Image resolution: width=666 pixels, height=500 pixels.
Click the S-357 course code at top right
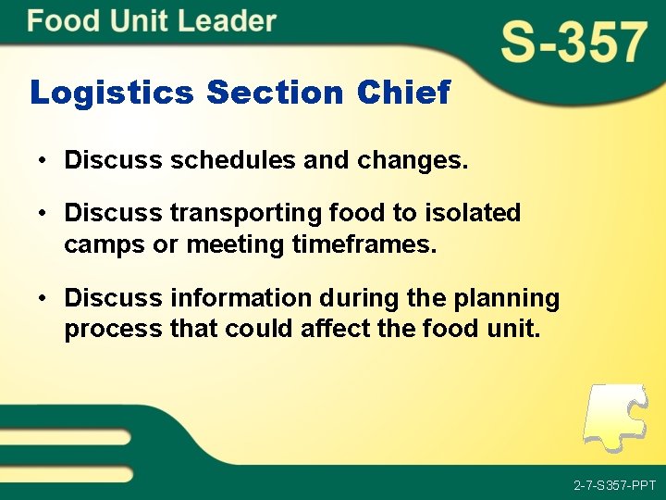pyautogui.click(x=573, y=44)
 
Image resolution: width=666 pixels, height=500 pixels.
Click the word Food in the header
pyautogui.click(x=63, y=21)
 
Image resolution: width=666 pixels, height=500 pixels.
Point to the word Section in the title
pyautogui.click(x=275, y=93)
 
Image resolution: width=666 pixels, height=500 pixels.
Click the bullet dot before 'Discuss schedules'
pyautogui.click(x=43, y=161)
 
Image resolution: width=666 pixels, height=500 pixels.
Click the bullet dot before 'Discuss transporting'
pyautogui.click(x=43, y=214)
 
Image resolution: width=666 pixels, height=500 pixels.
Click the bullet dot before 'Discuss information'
pyautogui.click(x=43, y=299)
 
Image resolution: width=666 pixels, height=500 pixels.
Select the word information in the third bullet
pyautogui.click(x=241, y=298)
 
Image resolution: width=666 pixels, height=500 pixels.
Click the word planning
pyautogui.click(x=512, y=299)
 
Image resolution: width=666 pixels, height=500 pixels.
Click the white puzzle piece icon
pyautogui.click(x=615, y=417)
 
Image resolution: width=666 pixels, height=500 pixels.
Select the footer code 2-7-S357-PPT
pyautogui.click(x=614, y=485)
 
